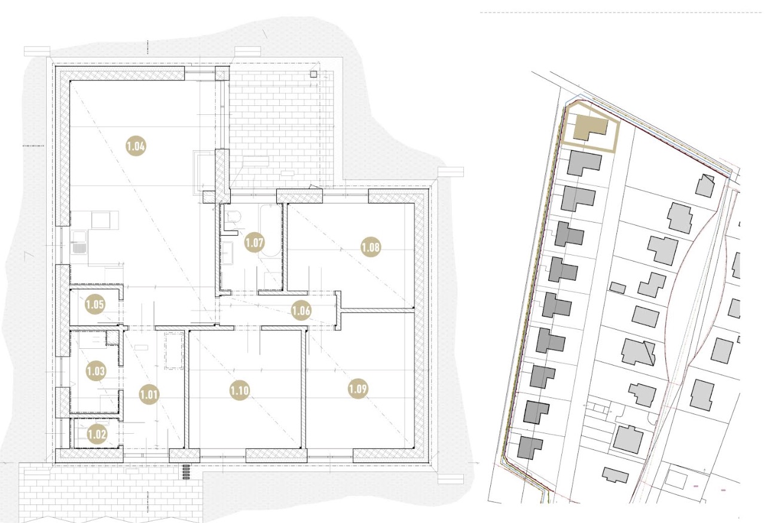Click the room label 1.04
coord(136,146)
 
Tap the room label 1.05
coord(95,305)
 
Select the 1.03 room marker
coord(96,371)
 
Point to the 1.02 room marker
coord(97,434)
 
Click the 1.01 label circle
coord(149,394)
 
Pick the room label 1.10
coord(240,391)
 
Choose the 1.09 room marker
coord(358,389)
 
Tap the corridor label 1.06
coord(301,311)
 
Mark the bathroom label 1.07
coord(255,242)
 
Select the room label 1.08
coord(371,247)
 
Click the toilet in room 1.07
coord(234,217)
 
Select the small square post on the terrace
coord(313,74)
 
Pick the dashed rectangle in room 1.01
coord(174,351)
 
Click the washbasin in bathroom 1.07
coord(227,253)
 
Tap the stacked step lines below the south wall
coord(186,472)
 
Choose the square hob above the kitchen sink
coord(100,220)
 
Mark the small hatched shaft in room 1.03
coord(112,338)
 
